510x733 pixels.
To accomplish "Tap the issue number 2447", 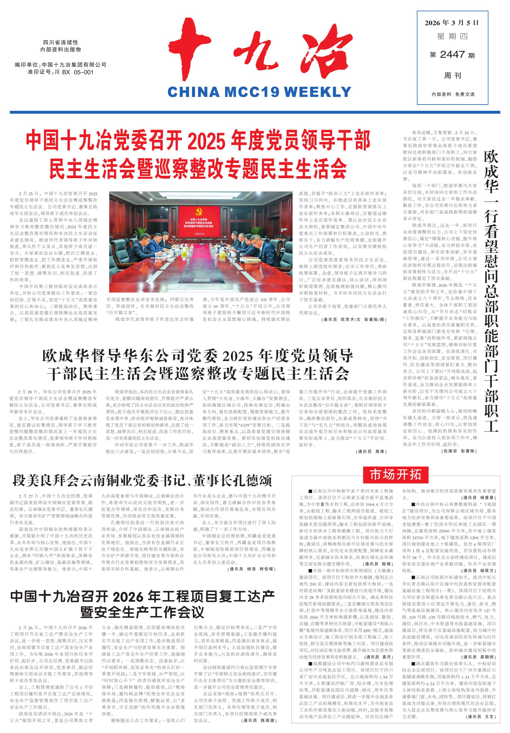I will (452, 55).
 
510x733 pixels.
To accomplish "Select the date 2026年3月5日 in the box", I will (452, 23).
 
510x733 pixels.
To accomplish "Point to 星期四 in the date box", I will (452, 36).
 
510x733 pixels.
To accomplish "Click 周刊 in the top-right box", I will (453, 76).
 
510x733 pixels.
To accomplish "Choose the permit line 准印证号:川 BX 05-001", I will (61, 73).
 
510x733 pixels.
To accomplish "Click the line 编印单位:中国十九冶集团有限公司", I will (61, 65).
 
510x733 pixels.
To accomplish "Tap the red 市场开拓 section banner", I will (395, 475).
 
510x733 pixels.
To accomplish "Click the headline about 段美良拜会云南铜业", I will (142, 480).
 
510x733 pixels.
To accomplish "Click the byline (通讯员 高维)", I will (371, 451).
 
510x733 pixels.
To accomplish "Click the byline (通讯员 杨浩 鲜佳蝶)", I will (251, 569).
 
